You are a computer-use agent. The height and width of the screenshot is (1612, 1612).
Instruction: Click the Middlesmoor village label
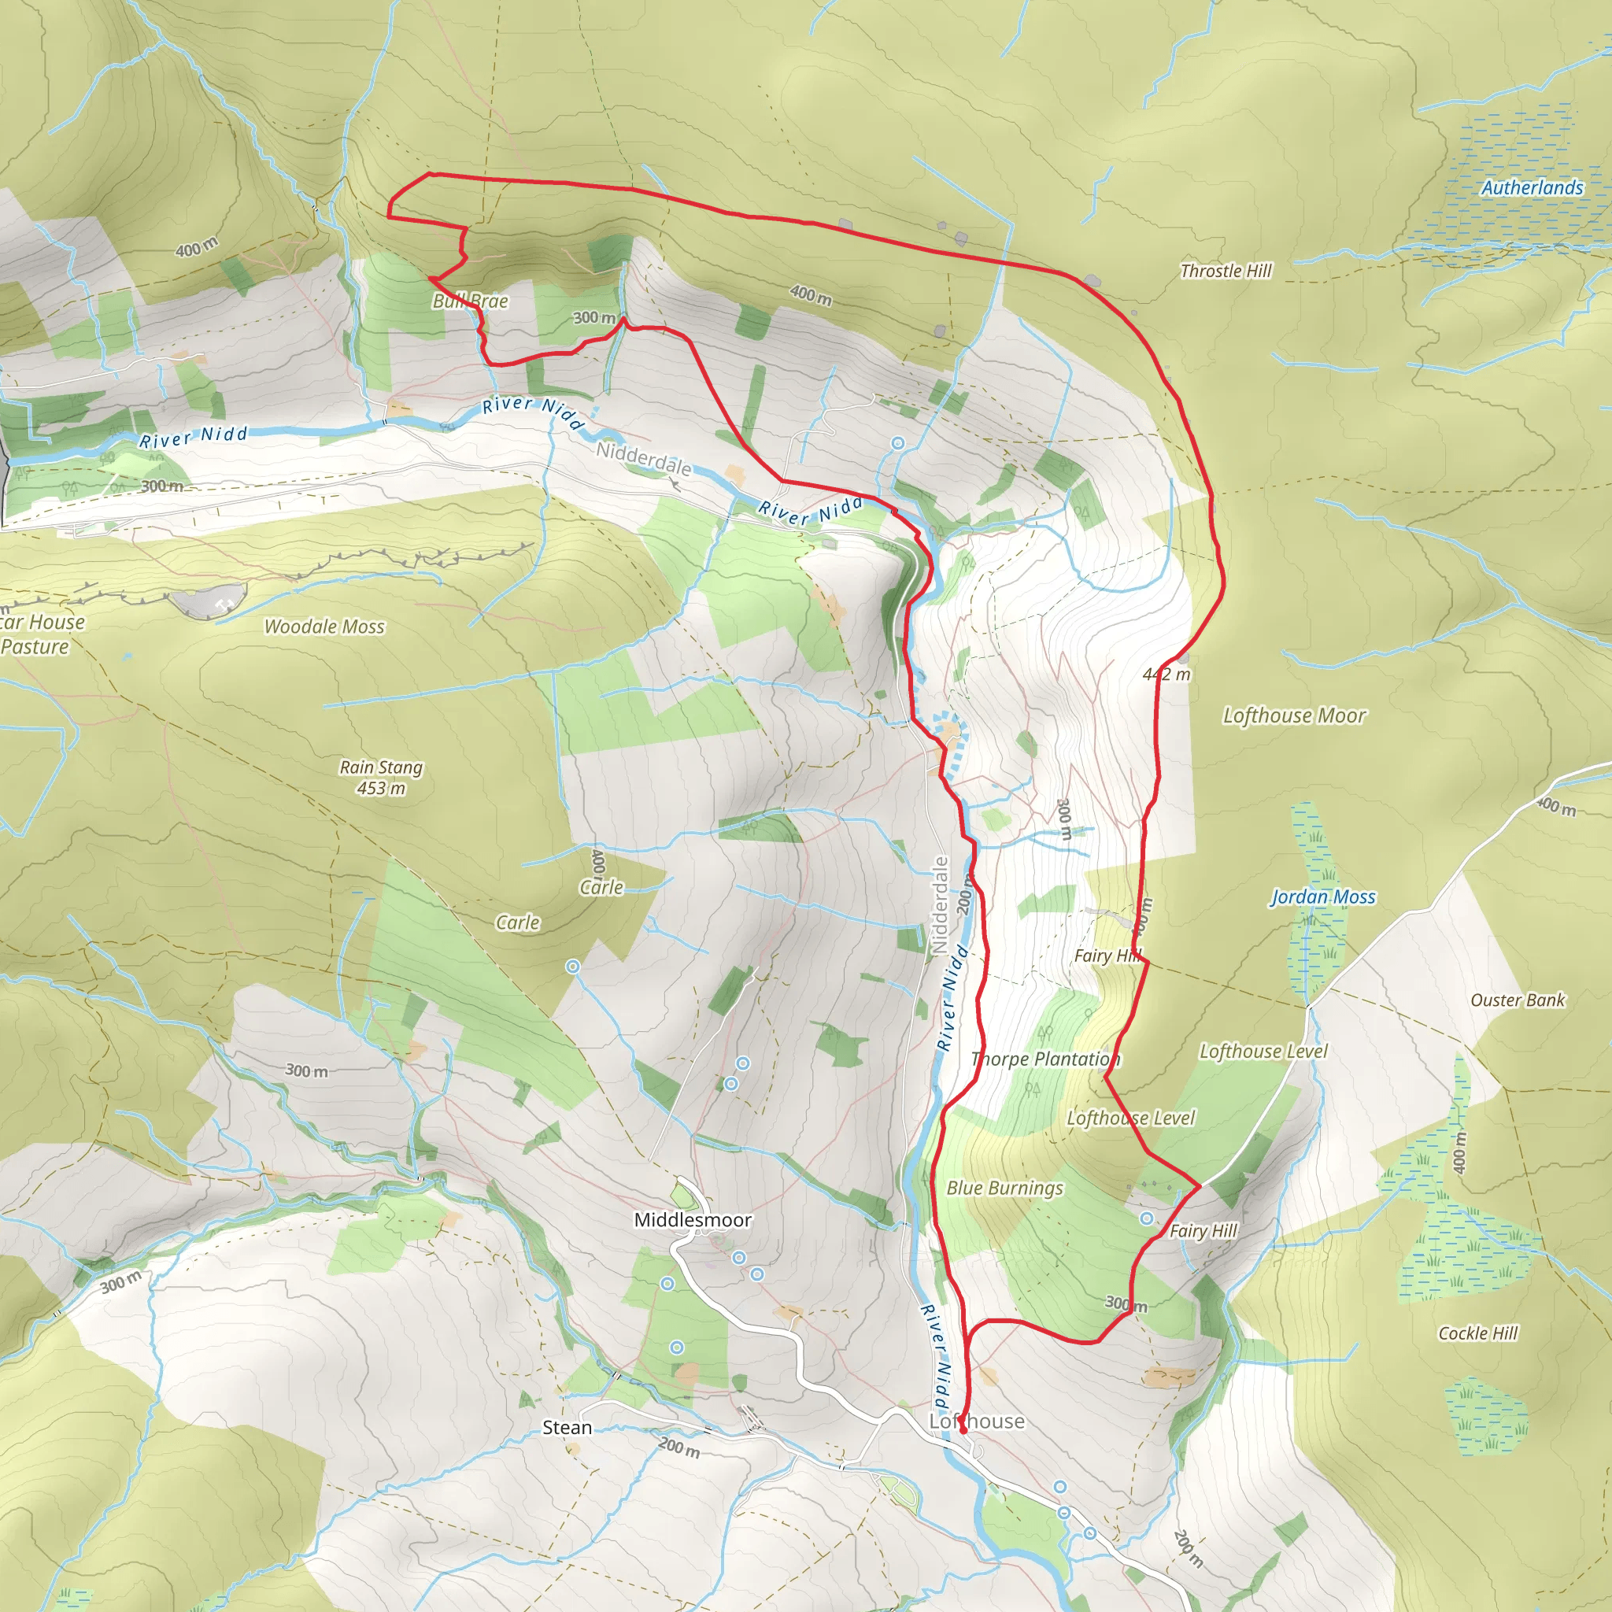pos(693,1220)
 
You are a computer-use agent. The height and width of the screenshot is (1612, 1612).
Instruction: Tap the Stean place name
pos(568,1428)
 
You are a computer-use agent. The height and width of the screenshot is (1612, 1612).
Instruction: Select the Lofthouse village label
pos(977,1421)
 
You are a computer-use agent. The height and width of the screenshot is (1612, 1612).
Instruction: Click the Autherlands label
pos(1532,188)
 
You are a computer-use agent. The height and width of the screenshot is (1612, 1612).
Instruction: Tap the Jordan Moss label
pos(1322,897)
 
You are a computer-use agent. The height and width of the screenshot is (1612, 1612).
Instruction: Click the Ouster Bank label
pos(1518,1000)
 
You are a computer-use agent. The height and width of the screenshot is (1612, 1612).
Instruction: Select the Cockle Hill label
pos(1477,1333)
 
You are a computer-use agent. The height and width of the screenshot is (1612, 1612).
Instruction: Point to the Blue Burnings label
pos(1004,1187)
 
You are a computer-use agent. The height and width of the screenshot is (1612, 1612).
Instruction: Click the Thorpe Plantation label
pos(1045,1059)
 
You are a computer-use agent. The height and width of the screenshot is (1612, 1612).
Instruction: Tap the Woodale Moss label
pos(324,627)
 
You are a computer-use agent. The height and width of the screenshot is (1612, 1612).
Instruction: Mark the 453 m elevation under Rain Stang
pos(381,789)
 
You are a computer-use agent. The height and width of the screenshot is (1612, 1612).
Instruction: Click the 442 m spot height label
pos(1166,675)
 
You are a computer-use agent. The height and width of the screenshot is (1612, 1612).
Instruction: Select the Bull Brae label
pos(470,301)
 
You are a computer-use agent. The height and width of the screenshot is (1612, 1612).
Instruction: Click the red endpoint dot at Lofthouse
pos(963,1430)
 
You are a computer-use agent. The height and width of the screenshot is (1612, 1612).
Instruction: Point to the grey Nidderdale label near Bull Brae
pos(643,459)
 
